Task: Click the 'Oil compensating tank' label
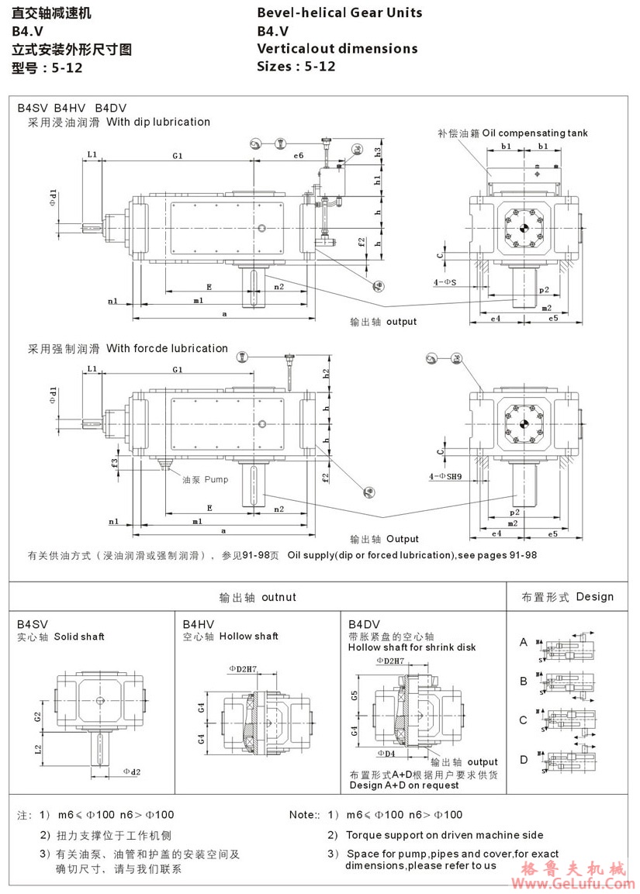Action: click(534, 133)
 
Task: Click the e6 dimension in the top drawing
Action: click(298, 156)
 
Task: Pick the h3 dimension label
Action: click(378, 151)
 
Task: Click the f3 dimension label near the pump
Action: click(114, 463)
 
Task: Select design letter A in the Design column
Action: click(524, 642)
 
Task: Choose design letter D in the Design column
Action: click(524, 759)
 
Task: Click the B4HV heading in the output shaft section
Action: click(199, 623)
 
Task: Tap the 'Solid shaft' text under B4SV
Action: click(79, 637)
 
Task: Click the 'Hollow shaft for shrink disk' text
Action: click(412, 647)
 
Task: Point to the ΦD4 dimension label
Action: click(386, 753)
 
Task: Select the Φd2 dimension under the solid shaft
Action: click(132, 771)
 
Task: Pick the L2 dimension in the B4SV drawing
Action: click(38, 748)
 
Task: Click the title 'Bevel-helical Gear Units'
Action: click(340, 12)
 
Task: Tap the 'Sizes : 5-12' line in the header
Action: click(296, 66)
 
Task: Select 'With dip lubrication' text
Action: click(158, 122)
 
